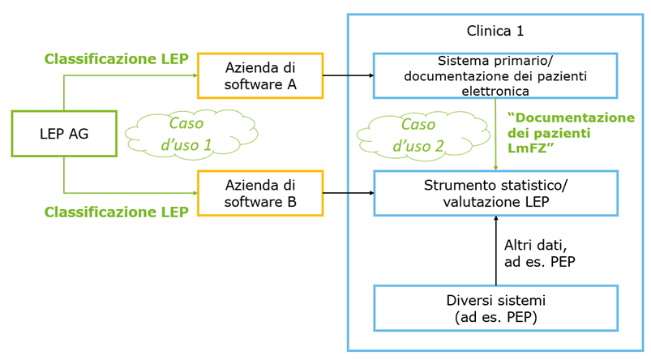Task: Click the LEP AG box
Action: pos(64,134)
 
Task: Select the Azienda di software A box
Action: pos(260,75)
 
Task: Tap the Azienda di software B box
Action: pos(260,193)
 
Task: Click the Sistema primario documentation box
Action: pos(495,75)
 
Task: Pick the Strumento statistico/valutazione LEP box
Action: pos(495,193)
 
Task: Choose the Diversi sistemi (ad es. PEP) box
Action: pos(495,308)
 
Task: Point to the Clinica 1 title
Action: pos(495,31)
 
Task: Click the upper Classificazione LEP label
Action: pos(117,59)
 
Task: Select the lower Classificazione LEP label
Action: pos(117,212)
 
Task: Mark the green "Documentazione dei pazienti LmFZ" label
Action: pos(571,133)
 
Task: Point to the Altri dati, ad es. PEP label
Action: pos(540,253)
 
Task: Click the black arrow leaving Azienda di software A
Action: pos(349,75)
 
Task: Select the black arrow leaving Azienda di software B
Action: pos(349,193)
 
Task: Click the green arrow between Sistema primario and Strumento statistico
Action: pos(495,134)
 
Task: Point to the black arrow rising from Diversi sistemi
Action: pos(495,251)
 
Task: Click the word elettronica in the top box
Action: pos(495,91)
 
